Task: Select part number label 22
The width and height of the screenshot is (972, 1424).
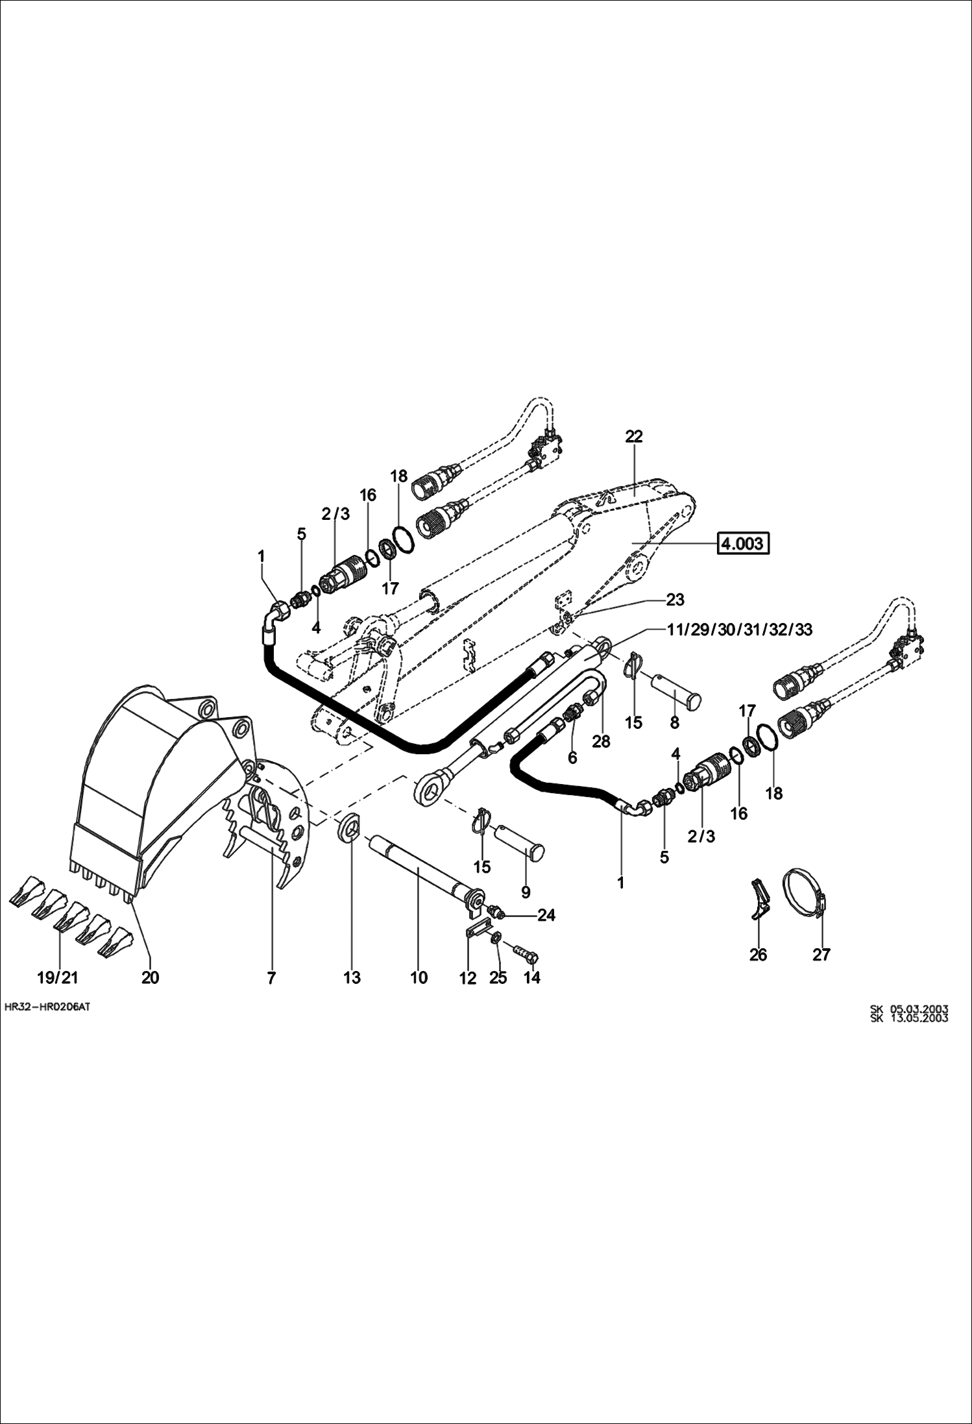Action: [x=633, y=436]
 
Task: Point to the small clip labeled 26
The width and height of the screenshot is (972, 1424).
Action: [x=760, y=898]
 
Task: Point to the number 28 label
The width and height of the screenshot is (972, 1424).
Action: [x=601, y=741]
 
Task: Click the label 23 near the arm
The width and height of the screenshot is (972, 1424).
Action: [x=675, y=599]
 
